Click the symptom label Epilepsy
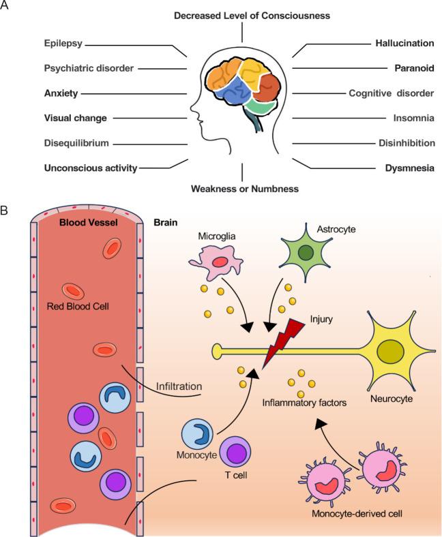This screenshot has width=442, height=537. (64, 43)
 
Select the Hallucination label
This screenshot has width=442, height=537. (404, 43)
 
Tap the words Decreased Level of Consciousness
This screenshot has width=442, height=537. (242, 15)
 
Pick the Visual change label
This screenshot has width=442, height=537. (76, 118)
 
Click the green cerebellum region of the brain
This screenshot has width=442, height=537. (261, 106)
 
